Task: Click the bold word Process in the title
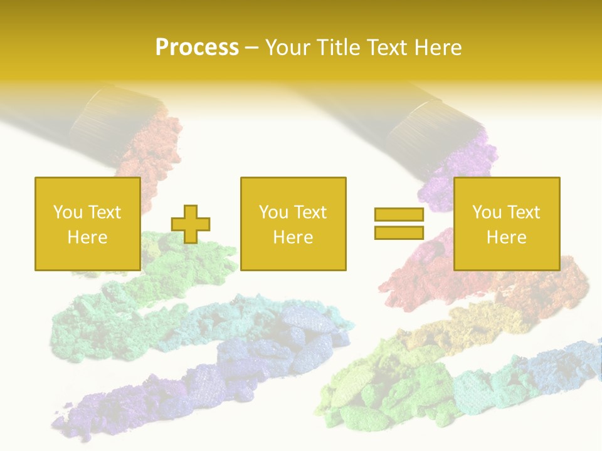pos(197,48)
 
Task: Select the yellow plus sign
pos(191,224)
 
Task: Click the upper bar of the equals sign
pos(399,215)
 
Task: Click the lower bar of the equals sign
pos(399,232)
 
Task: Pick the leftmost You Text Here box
pos(87,224)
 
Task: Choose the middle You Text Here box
pos(293,224)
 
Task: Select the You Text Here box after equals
pos(506,224)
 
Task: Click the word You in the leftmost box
pos(66,212)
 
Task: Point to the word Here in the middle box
pos(293,237)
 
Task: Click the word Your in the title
pos(288,48)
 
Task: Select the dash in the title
pos(251,48)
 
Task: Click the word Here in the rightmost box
pos(506,237)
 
